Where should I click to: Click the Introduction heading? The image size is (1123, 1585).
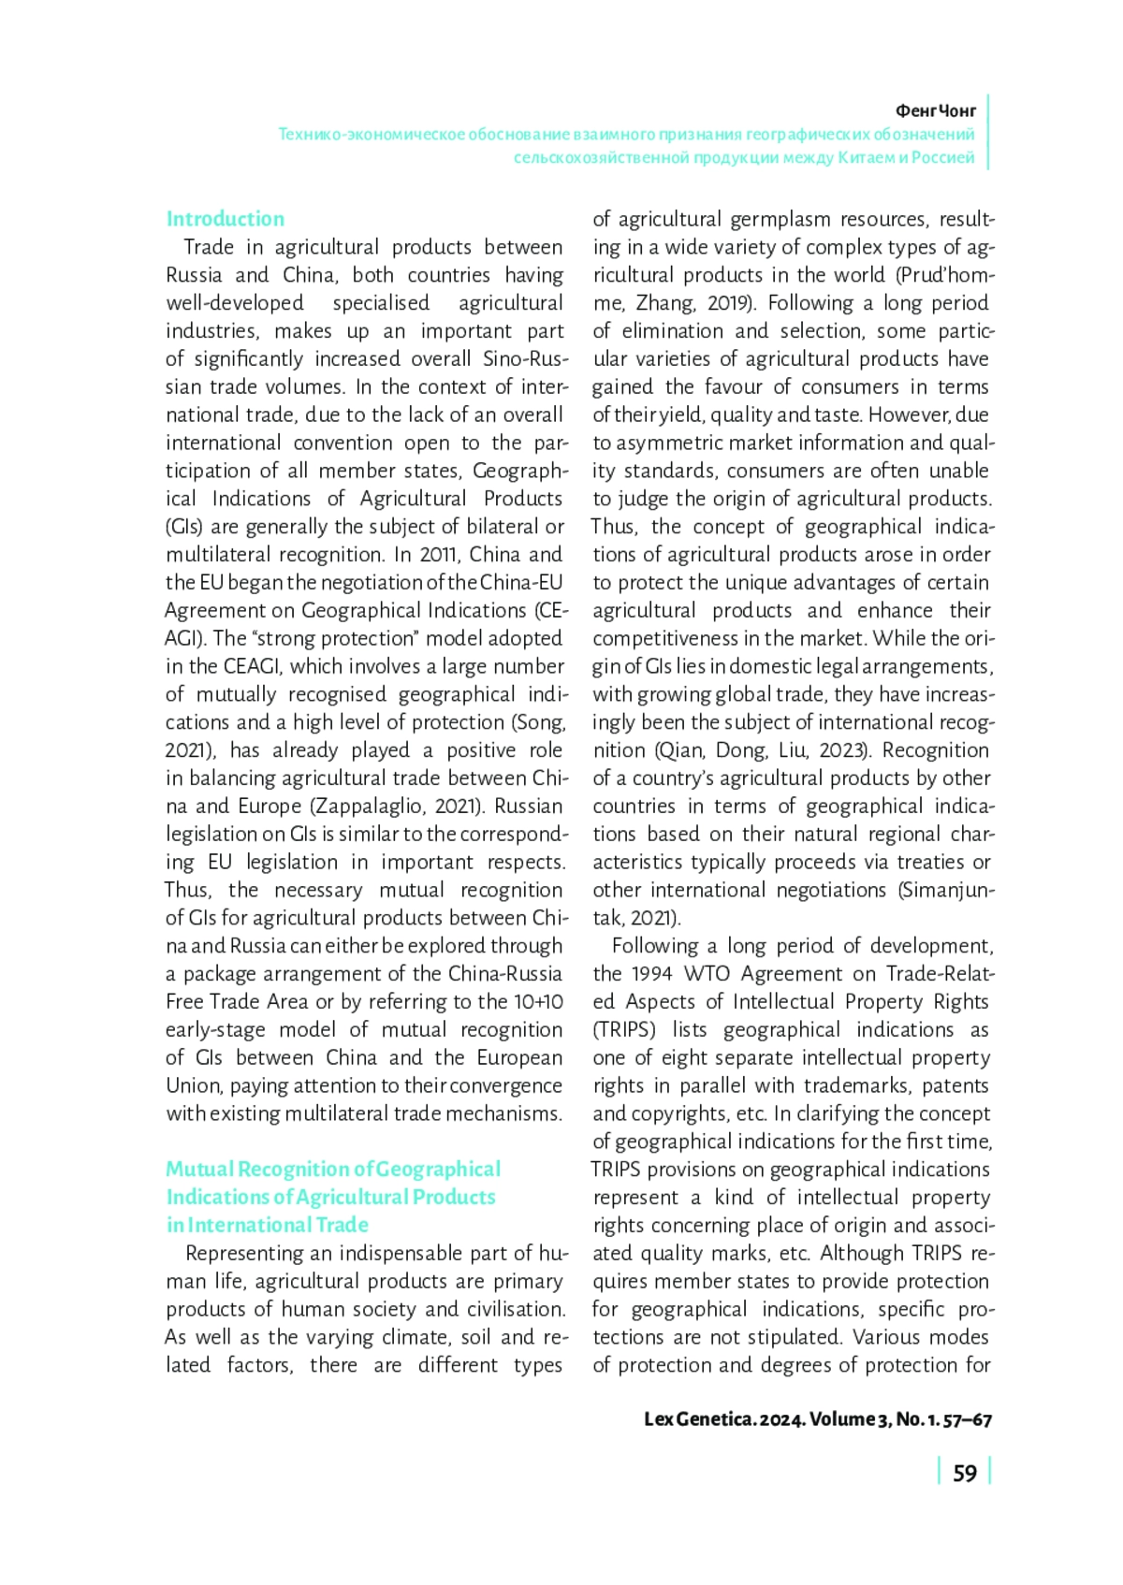point(225,219)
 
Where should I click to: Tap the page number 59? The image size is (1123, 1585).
point(964,1474)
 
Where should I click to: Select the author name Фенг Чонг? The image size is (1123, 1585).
point(935,110)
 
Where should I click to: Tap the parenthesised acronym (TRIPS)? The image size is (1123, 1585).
point(624,1029)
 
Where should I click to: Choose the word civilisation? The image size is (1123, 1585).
point(511,1309)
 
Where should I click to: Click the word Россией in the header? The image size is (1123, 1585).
point(944,157)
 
